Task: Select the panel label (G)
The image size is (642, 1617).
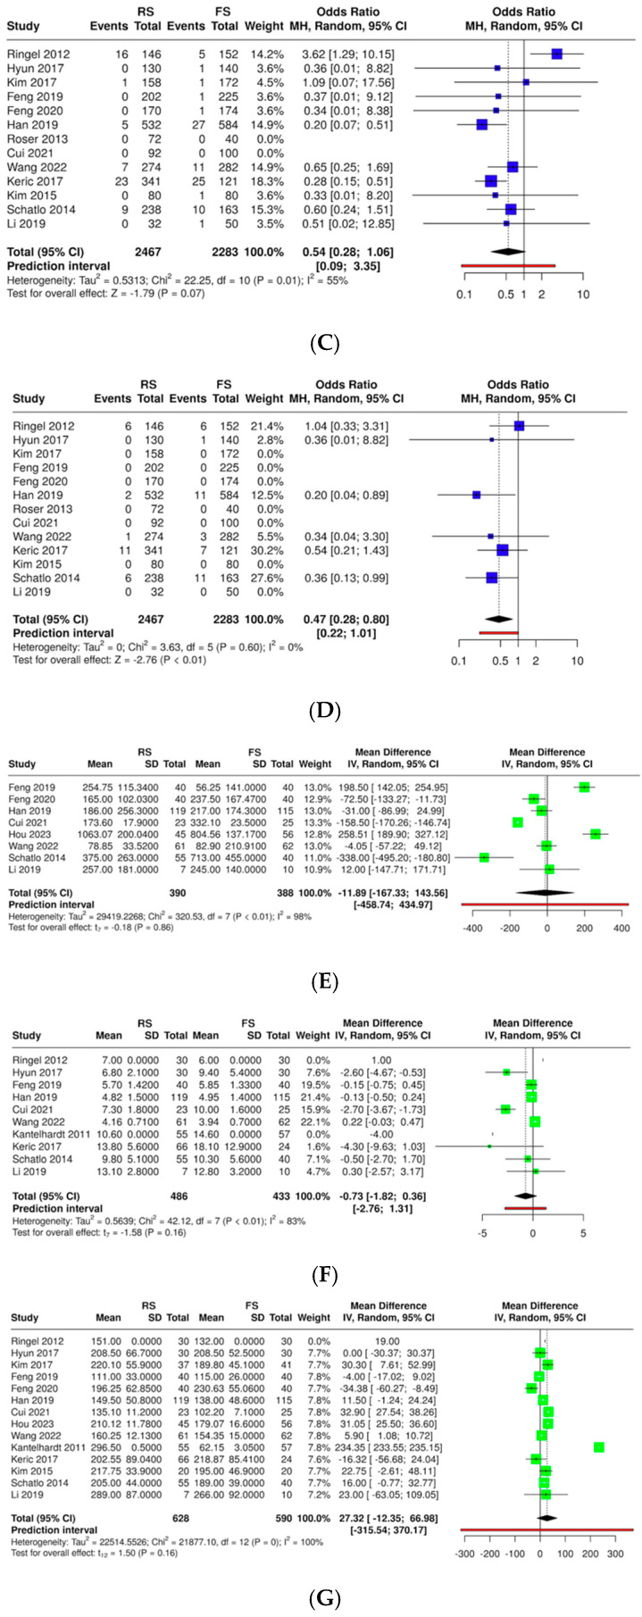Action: pyautogui.click(x=321, y=1596)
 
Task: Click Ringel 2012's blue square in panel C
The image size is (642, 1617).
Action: pyautogui.click(x=557, y=54)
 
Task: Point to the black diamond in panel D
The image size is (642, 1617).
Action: pyautogui.click(x=499, y=618)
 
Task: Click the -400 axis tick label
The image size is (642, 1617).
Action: pyautogui.click(x=472, y=929)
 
